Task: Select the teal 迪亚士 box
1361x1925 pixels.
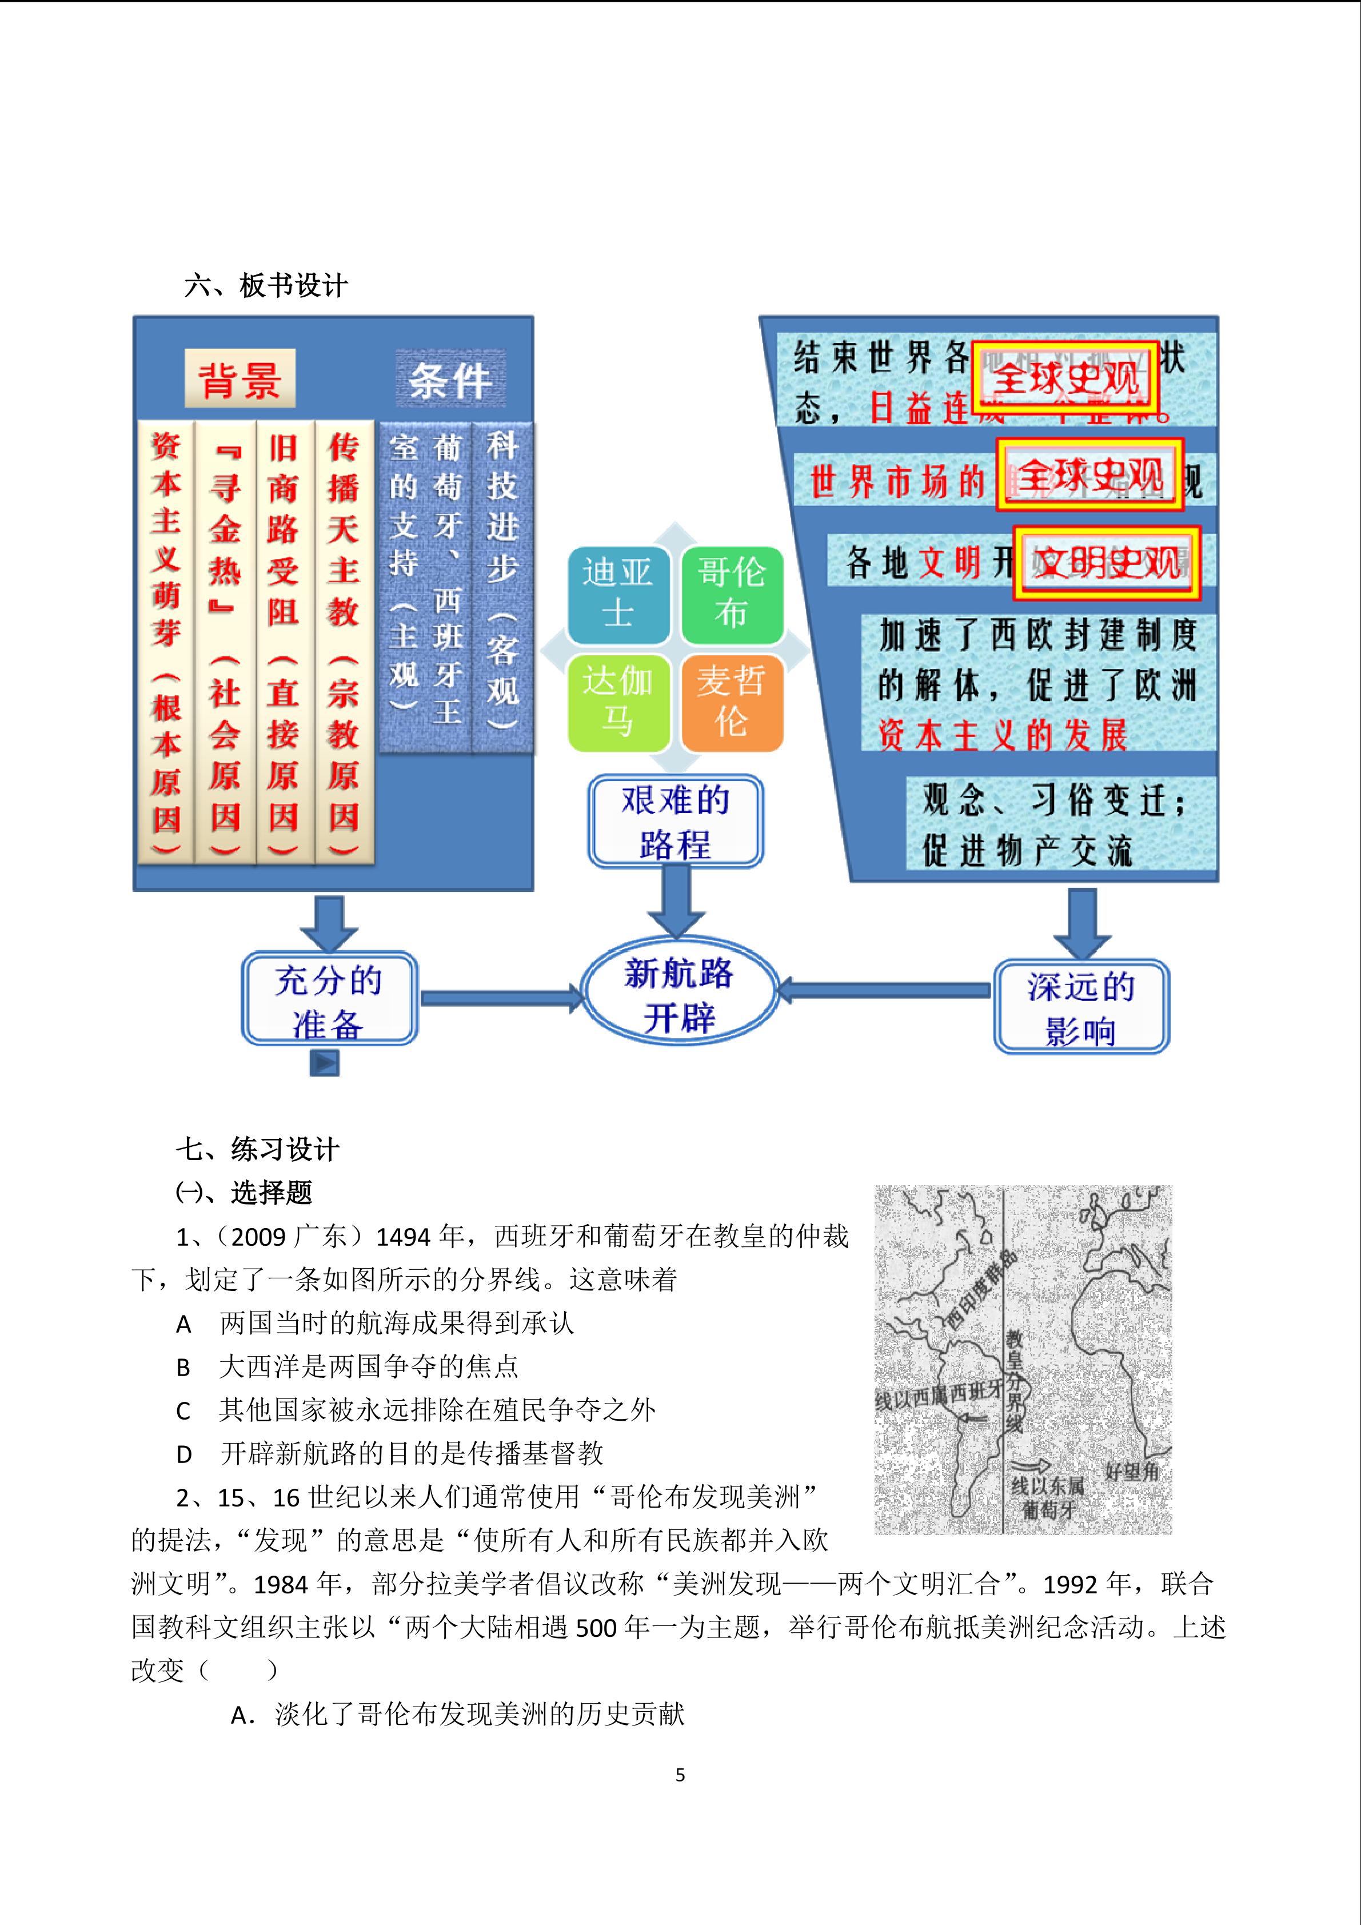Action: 618,593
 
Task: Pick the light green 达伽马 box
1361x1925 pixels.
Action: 618,703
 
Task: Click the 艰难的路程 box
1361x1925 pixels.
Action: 674,821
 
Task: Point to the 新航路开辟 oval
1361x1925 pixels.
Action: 679,995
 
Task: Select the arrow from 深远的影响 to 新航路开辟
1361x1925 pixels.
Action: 884,991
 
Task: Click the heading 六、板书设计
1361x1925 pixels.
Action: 266,286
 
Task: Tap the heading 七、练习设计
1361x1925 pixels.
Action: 257,1149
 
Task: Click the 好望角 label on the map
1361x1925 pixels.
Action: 1131,1470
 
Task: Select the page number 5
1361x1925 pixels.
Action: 680,1775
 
